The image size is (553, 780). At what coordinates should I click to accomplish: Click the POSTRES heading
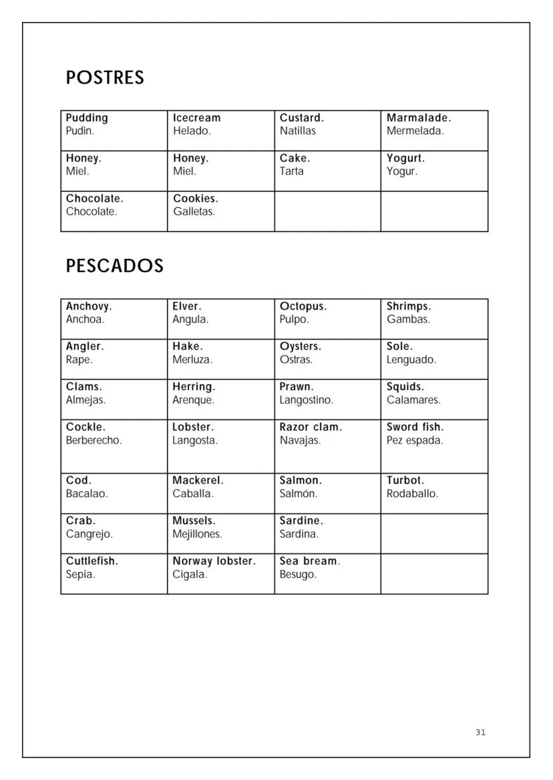[105, 78]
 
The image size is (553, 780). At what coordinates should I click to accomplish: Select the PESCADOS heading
[114, 266]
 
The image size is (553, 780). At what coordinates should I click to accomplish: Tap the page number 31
[481, 733]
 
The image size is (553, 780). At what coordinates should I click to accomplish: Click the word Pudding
[87, 118]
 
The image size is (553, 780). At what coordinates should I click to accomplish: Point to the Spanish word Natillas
[298, 131]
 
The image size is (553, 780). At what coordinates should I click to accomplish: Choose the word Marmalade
[419, 118]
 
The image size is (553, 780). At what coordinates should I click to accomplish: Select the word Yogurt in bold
[405, 159]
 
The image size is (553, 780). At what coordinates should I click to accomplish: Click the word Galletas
[194, 212]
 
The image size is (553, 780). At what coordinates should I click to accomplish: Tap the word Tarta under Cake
[292, 171]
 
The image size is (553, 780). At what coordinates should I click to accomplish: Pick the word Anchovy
[89, 307]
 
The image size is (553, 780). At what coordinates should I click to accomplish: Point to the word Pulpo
[294, 320]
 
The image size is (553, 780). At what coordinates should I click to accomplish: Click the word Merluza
[192, 360]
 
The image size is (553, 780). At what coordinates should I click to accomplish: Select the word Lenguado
[411, 360]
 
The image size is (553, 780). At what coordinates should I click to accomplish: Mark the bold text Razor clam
[311, 427]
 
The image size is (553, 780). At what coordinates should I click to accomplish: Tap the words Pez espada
[415, 440]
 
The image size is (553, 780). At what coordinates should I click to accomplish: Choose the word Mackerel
[198, 480]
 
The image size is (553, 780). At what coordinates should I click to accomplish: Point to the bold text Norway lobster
[214, 561]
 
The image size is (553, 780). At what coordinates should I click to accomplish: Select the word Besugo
[298, 574]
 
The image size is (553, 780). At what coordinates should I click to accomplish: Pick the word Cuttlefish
[92, 561]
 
